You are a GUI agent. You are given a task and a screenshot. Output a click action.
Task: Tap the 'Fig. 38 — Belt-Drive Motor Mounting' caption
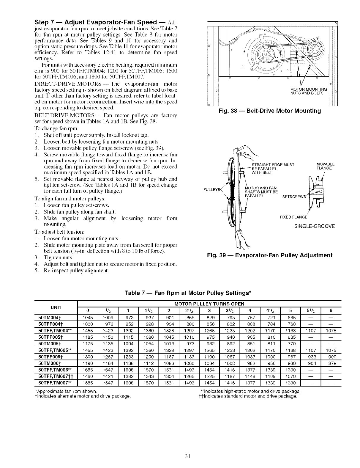pyautogui.click(x=270, y=111)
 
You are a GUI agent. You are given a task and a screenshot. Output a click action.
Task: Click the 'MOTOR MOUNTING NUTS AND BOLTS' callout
pyautogui.click(x=309, y=91)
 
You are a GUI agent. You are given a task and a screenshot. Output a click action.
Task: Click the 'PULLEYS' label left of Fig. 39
pyautogui.click(x=211, y=189)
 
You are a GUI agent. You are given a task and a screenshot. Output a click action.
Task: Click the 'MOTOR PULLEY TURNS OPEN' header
pyautogui.click(x=209, y=304)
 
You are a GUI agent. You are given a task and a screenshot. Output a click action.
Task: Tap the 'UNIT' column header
pyautogui.click(x=56, y=306)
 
